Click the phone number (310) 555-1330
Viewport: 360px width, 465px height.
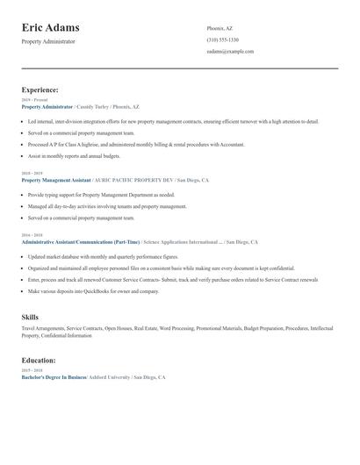coord(222,40)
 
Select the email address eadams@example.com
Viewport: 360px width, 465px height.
coord(230,52)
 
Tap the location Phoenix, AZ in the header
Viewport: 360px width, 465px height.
coord(220,28)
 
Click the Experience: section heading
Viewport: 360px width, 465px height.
coord(40,89)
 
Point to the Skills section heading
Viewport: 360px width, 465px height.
coord(30,316)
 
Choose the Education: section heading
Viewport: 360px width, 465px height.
coord(39,360)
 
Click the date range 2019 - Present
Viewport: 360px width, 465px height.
coord(34,100)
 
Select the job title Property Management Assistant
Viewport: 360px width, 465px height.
coord(55,180)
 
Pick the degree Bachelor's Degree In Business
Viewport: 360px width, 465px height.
coord(53,376)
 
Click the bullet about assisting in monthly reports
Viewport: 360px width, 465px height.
coord(74,155)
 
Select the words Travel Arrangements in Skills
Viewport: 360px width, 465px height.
coord(43,328)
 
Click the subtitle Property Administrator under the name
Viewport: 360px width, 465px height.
coord(48,41)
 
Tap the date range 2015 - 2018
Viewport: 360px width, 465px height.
coord(31,370)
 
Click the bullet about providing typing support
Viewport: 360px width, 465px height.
coord(101,195)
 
